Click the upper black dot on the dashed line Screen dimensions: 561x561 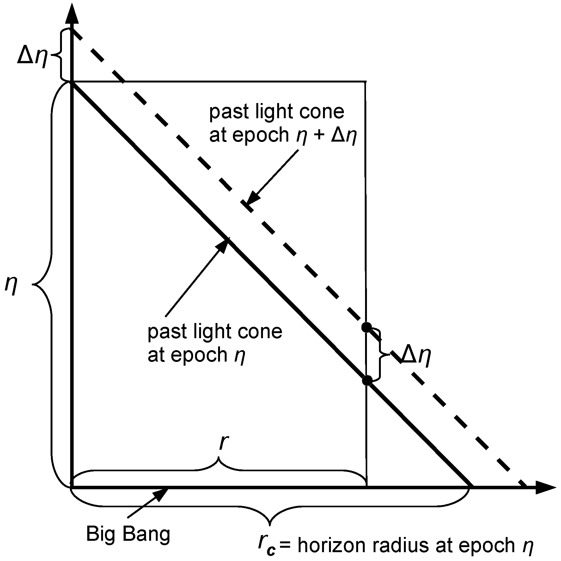click(366, 327)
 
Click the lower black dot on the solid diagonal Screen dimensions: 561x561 click(367, 381)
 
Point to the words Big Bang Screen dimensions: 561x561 click(128, 534)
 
